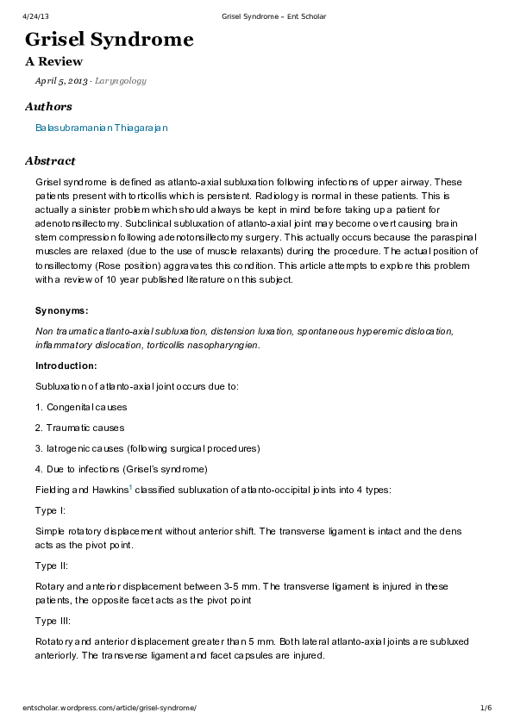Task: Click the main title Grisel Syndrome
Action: pyautogui.click(x=109, y=40)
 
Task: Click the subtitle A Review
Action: pyautogui.click(x=53, y=62)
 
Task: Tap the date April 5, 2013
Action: pyautogui.click(x=60, y=81)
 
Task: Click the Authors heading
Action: pyautogui.click(x=48, y=107)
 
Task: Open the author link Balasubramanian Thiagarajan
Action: pyautogui.click(x=101, y=128)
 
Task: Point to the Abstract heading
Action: pyautogui.click(x=50, y=161)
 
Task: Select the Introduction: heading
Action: pyautogui.click(x=66, y=366)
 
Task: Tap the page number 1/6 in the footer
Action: pyautogui.click(x=486, y=708)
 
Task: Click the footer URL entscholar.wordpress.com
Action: pyautogui.click(x=109, y=708)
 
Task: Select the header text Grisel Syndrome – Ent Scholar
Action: pyautogui.click(x=273, y=16)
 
